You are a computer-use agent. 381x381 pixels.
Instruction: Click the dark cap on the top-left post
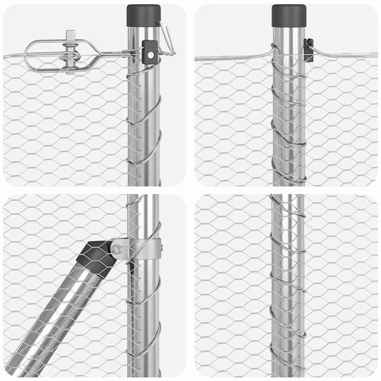pos(143,15)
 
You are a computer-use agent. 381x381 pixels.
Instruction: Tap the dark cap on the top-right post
pos(289,15)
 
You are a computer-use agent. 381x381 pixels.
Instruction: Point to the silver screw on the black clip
pos(150,55)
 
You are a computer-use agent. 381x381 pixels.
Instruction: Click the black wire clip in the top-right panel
pos(308,49)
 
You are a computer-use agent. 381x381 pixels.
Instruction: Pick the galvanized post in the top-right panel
pos(289,130)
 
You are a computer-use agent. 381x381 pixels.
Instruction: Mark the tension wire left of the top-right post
pos(231,58)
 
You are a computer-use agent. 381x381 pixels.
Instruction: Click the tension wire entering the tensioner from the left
pos(13,56)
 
